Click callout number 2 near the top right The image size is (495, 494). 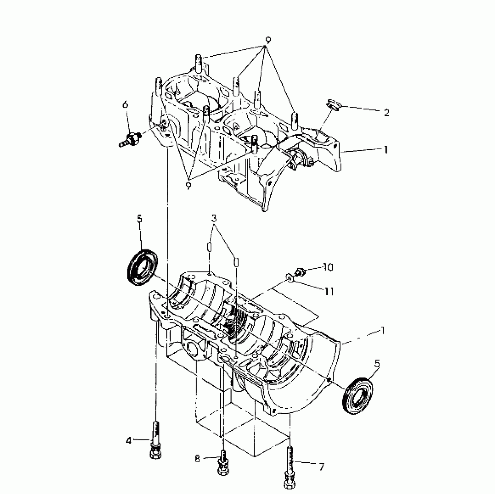(x=386, y=113)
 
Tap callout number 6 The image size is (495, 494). (x=125, y=104)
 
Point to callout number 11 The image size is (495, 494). (x=329, y=291)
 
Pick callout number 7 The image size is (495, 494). (x=321, y=467)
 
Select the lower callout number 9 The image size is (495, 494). (x=188, y=185)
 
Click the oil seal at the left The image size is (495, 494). (x=142, y=268)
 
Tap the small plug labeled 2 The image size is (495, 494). (x=334, y=105)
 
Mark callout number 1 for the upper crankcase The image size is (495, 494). (x=386, y=150)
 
